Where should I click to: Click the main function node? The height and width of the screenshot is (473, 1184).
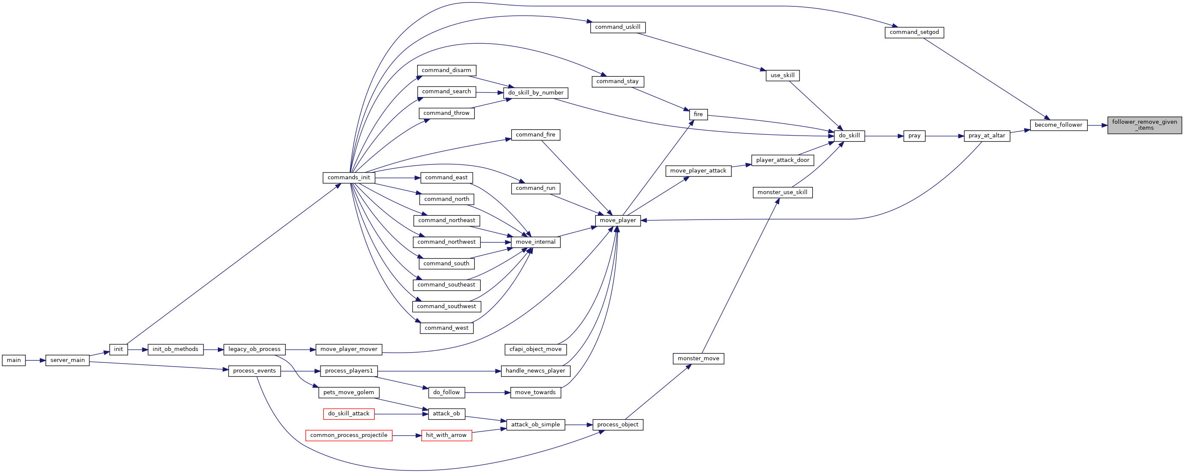click(14, 360)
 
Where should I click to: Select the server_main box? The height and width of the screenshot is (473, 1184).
click(67, 360)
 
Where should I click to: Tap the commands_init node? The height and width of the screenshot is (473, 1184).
click(349, 178)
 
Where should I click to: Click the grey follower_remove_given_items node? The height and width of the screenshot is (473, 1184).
click(1145, 125)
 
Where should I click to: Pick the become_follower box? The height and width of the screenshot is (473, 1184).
click(1059, 125)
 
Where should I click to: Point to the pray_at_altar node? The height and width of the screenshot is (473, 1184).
click(987, 136)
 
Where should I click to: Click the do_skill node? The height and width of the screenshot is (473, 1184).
click(850, 136)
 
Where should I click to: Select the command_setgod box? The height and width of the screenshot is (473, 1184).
click(914, 33)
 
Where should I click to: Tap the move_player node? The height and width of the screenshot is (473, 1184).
click(618, 221)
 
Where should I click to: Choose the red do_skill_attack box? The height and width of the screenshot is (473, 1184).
click(349, 414)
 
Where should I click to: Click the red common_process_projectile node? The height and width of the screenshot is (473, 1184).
click(349, 436)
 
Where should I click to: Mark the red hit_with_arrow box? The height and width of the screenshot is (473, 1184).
click(446, 436)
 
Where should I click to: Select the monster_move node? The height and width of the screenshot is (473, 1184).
click(699, 359)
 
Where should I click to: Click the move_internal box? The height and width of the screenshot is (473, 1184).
click(535, 242)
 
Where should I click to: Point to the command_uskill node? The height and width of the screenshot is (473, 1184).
click(618, 28)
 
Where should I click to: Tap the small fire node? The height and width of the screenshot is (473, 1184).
click(698, 115)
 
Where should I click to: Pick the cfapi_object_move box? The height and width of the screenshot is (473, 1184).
click(535, 350)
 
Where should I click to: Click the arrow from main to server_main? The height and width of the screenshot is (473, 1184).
click(35, 360)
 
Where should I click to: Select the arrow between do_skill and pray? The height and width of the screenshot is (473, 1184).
click(884, 136)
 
